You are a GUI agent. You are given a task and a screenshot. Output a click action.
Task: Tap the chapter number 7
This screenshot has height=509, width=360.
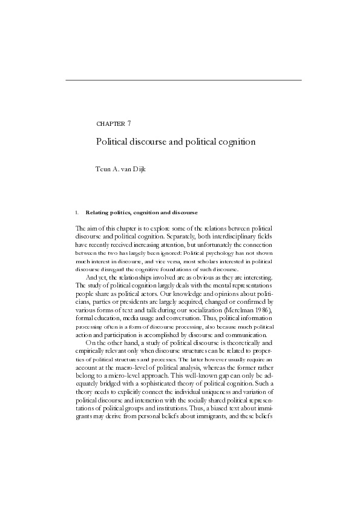pos(129,123)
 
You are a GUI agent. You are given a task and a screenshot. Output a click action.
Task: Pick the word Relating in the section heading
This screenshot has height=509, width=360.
pos(99,212)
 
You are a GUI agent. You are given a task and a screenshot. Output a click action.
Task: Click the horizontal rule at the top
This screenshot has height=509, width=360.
pos(183,80)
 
